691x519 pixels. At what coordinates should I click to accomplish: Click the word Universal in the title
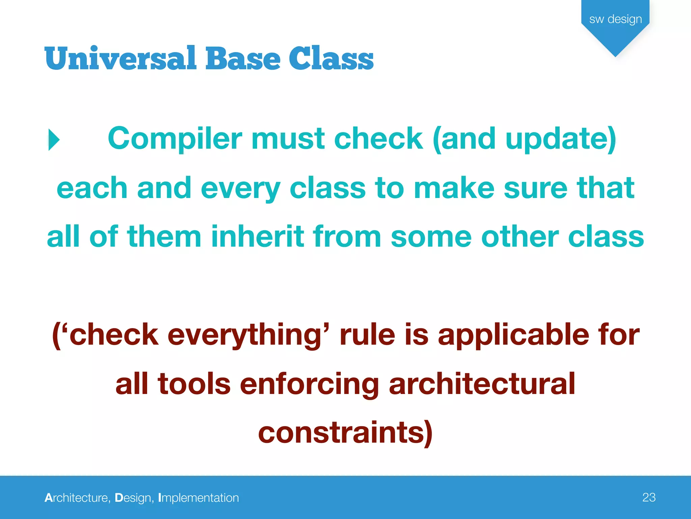pos(120,58)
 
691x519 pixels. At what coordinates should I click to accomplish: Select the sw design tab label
pos(615,19)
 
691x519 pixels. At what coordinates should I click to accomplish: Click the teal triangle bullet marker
pos(54,140)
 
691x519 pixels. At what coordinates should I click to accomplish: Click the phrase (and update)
pos(524,139)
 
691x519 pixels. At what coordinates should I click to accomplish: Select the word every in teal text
pos(240,189)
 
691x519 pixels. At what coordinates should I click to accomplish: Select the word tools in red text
pos(194,384)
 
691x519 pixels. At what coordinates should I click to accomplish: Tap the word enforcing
pos(309,384)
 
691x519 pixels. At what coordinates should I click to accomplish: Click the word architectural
pos(482,384)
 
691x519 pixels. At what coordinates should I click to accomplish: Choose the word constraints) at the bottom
pos(345,433)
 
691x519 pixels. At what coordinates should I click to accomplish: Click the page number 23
pos(649,497)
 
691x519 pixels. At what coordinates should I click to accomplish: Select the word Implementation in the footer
pos(198,498)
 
